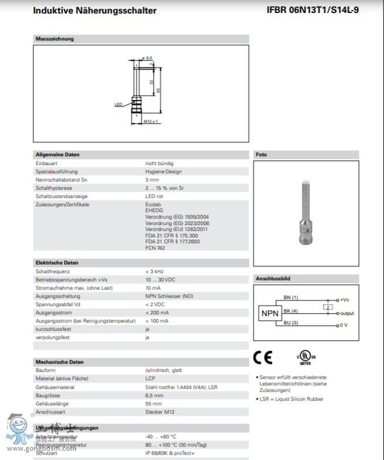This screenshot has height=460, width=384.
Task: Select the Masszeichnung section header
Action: pyautogui.click(x=55, y=39)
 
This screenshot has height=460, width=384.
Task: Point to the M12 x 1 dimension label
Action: pyautogui.click(x=151, y=122)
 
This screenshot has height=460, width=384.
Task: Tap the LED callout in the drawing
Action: pyautogui.click(x=117, y=105)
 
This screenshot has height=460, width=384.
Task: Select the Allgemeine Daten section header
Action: pyautogui.click(x=58, y=155)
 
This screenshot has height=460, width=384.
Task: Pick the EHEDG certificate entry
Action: pyautogui.click(x=154, y=210)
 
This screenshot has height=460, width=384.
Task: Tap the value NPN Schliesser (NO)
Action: pyautogui.click(x=169, y=296)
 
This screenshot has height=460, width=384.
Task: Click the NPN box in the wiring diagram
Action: pyautogui.click(x=269, y=314)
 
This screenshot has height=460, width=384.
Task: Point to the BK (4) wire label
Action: pyautogui.click(x=291, y=311)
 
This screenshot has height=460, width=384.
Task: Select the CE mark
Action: pyautogui.click(x=262, y=357)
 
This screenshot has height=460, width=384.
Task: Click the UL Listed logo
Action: pyautogui.click(x=305, y=358)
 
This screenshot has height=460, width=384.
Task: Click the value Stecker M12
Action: pyautogui.click(x=160, y=411)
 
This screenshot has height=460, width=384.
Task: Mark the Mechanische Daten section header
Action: pyautogui.click(x=59, y=362)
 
